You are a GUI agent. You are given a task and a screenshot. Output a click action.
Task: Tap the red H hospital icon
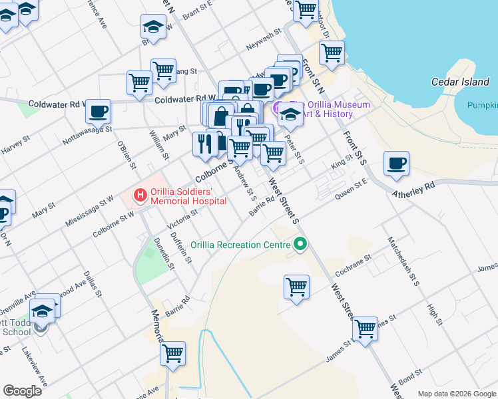140,196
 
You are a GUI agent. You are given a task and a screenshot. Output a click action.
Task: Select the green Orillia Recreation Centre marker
300,245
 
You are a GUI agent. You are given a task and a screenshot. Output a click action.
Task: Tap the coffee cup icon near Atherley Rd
396,164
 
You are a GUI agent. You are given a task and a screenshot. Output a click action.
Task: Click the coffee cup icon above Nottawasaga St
99,111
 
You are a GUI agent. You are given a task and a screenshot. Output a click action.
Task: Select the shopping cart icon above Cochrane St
296,287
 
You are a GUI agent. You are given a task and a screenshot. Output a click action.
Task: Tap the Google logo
23,391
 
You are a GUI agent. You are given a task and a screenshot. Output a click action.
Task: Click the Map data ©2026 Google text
457,394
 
